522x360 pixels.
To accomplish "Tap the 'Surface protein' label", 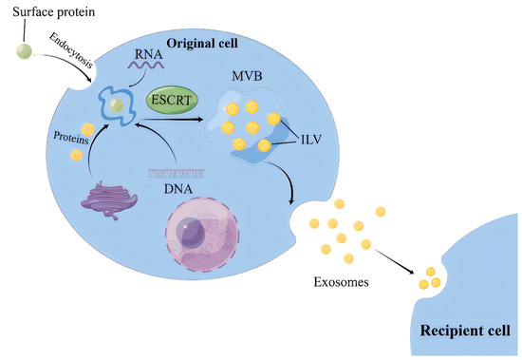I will (45, 12).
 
